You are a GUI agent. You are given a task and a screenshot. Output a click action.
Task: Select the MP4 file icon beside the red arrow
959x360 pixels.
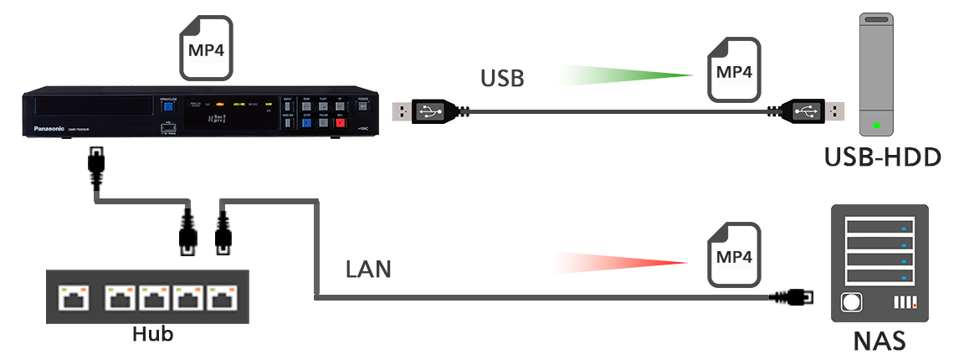pos(734,254)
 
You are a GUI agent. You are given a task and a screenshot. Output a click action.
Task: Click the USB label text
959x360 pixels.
pos(502,79)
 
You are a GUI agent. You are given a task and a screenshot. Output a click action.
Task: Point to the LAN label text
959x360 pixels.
pos(368,270)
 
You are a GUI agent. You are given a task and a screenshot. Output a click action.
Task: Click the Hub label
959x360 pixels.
pos(153,334)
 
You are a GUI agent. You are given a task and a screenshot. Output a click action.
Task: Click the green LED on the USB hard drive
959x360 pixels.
pos(875,126)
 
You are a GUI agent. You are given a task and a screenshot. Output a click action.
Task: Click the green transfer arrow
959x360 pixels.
pos(628,76)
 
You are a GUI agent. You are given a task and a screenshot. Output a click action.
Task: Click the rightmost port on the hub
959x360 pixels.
pos(222,297)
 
